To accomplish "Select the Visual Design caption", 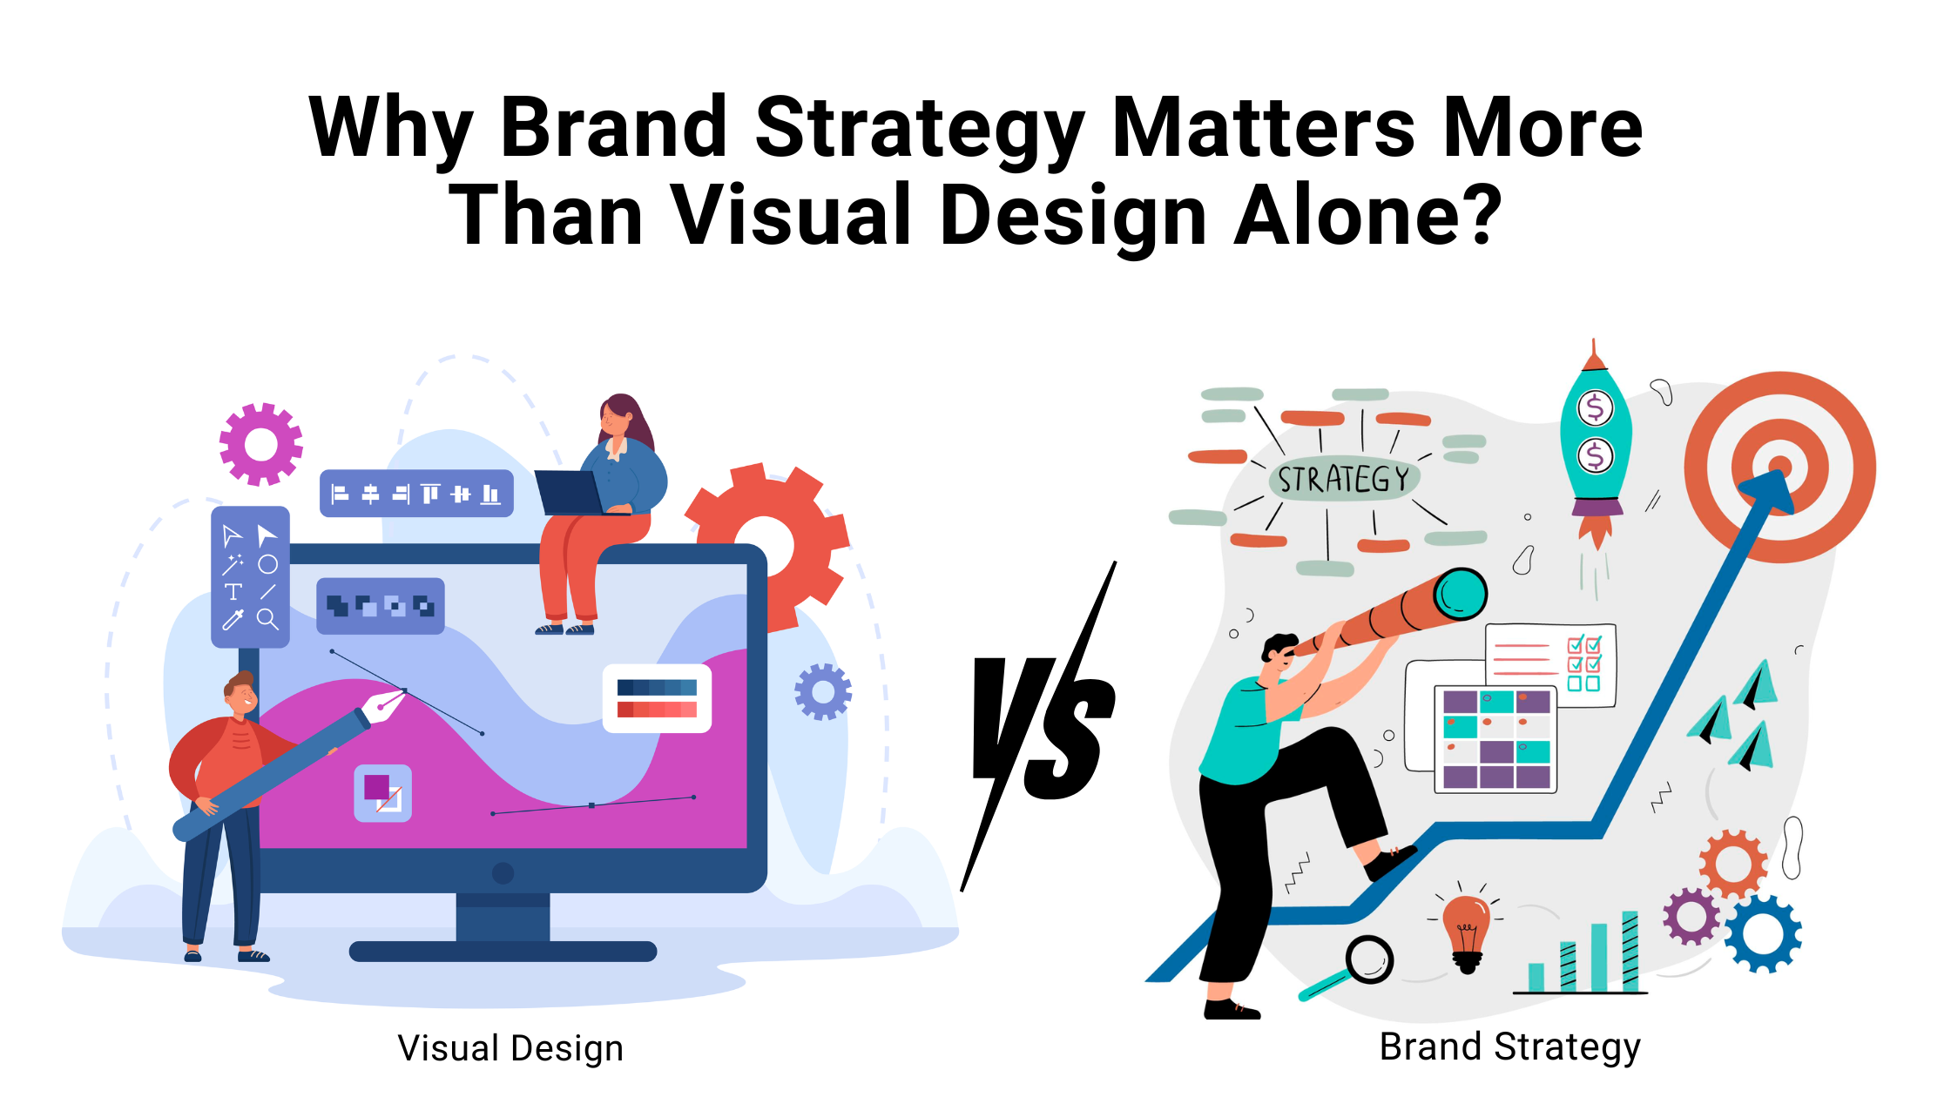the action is point(510,1049).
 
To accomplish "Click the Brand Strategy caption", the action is point(1509,1047).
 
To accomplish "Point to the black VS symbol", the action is point(1041,727).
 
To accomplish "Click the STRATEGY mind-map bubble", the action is point(1344,478).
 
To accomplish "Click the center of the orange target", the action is point(1779,468).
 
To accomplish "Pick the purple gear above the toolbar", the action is point(261,444).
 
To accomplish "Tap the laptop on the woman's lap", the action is point(570,493).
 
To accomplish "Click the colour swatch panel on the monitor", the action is point(657,698).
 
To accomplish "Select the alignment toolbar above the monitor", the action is point(416,494).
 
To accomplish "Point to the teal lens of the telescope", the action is point(1460,594).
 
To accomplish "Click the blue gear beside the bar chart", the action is point(1763,934).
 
